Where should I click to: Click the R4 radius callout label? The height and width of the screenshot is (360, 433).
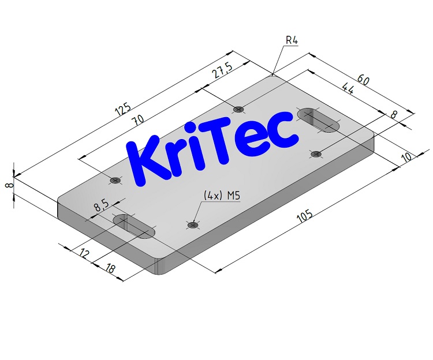[292, 40]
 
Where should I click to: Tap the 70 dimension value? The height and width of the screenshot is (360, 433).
[137, 121]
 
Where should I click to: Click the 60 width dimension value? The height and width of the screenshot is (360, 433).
[364, 80]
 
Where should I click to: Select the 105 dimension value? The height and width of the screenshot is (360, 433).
[304, 216]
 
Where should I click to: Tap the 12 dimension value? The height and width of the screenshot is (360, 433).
[85, 252]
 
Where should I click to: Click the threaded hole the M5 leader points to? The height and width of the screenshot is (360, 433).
[193, 224]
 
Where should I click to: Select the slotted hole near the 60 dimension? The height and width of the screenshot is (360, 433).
[318, 119]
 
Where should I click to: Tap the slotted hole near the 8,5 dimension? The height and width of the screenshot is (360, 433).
[134, 226]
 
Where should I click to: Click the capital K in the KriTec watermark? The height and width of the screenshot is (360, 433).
[142, 162]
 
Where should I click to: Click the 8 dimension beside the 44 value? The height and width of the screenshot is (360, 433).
[393, 115]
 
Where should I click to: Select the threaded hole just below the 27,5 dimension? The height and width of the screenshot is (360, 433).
[238, 109]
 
